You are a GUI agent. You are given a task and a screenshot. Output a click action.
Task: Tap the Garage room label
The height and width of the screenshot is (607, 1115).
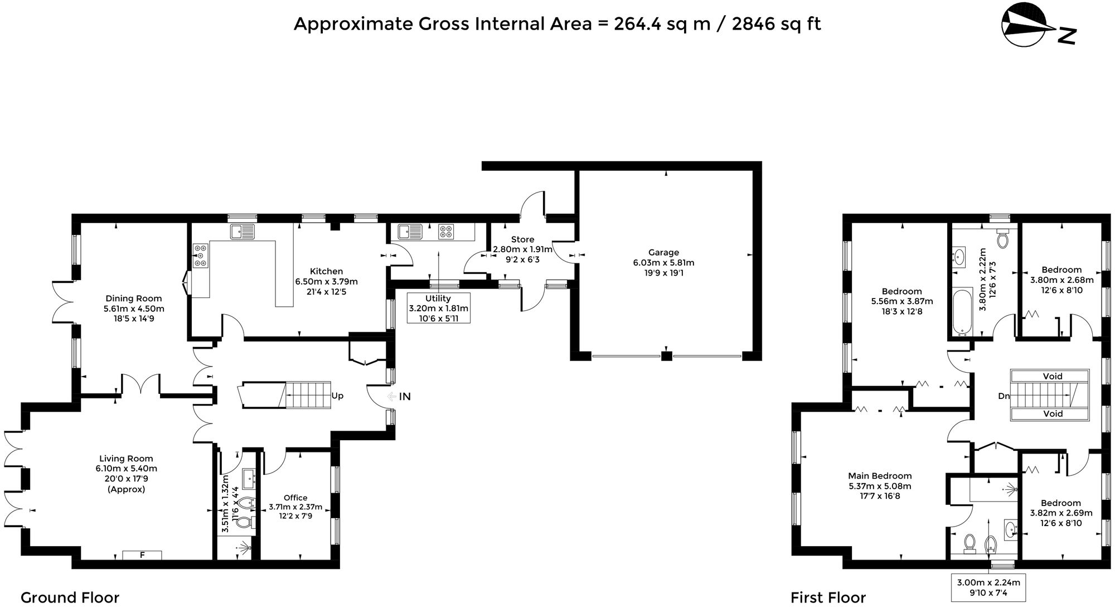click(663, 252)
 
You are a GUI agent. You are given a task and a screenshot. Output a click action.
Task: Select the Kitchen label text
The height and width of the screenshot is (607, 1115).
click(327, 271)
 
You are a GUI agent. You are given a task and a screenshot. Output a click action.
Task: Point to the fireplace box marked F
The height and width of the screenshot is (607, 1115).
click(142, 555)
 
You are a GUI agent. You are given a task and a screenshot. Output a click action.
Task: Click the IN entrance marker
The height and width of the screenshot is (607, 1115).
click(404, 396)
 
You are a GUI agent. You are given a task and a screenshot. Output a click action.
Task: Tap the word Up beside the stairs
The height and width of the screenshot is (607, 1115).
click(337, 396)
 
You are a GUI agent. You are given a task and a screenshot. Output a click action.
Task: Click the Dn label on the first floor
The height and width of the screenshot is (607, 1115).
click(1003, 396)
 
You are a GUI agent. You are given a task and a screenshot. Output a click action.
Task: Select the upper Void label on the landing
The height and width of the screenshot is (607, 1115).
click(1053, 376)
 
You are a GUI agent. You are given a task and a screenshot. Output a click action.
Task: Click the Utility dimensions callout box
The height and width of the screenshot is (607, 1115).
click(438, 308)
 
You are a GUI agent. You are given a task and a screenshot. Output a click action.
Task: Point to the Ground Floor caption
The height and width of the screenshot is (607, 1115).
click(70, 598)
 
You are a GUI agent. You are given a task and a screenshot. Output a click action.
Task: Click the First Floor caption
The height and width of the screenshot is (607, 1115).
click(828, 598)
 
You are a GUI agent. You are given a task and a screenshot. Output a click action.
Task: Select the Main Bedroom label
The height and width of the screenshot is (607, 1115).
click(880, 476)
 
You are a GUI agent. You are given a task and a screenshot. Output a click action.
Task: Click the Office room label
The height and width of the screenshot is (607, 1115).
click(295, 498)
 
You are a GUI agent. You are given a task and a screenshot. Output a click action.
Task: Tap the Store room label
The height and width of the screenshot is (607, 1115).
click(522, 239)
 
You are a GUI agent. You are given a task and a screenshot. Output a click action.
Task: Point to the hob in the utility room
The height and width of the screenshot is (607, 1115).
click(445, 232)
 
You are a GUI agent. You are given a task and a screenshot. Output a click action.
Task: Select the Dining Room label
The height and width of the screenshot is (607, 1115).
click(134, 298)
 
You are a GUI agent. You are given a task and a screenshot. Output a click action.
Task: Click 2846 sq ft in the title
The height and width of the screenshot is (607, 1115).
click(776, 24)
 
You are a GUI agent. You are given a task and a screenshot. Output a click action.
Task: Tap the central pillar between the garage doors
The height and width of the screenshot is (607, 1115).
click(666, 355)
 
